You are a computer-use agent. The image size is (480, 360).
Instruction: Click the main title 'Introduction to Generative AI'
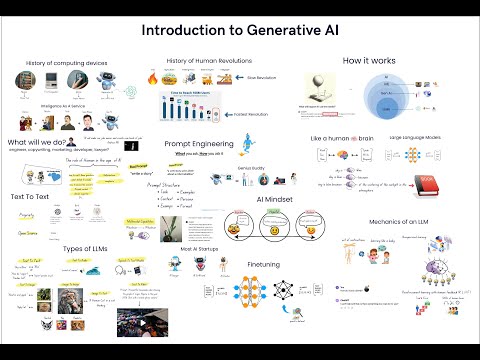239,31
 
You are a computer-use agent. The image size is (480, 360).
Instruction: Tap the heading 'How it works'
369,62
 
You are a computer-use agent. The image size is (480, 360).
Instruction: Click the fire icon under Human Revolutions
180,77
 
